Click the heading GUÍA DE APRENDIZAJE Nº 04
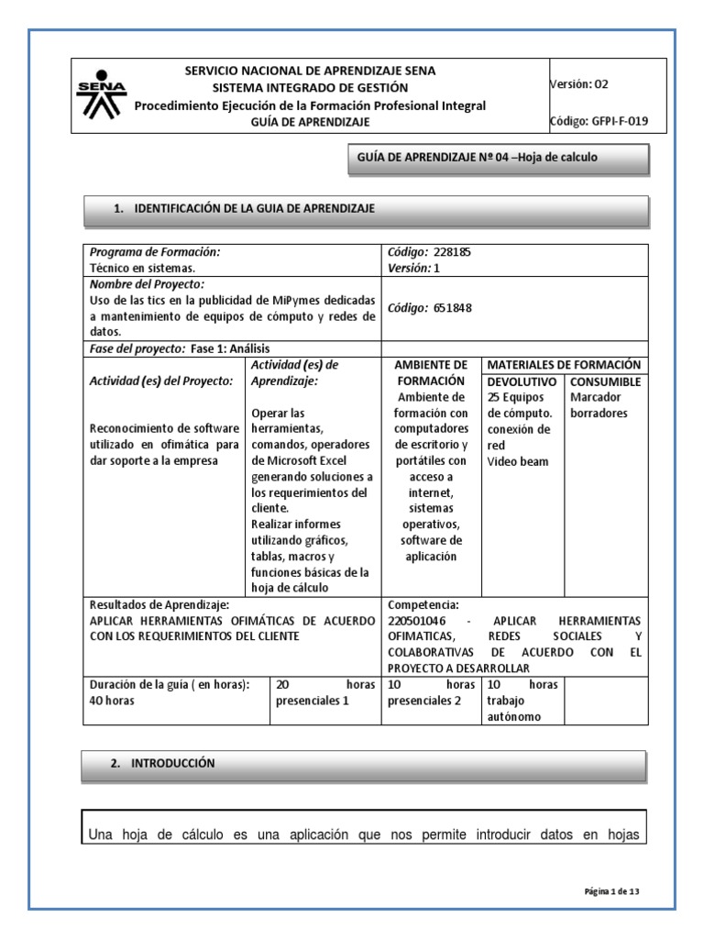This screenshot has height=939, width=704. point(477,158)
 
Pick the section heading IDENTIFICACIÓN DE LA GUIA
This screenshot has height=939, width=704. point(254,209)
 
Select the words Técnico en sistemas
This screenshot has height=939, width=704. point(142,268)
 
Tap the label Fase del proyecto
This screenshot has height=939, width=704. point(136,348)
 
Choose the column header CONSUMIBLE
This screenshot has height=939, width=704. point(605,381)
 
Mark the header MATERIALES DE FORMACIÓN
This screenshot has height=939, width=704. point(564,365)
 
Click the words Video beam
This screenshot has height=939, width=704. point(518,461)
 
